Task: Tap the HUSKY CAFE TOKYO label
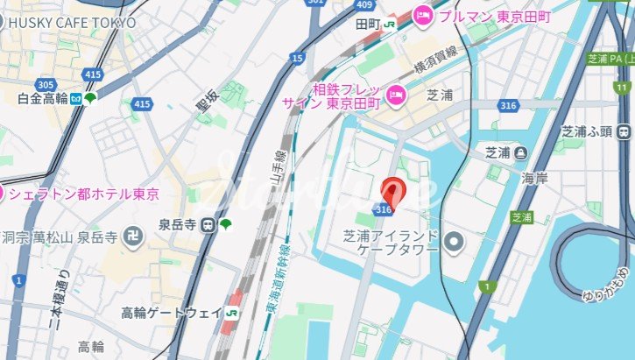click(x=69, y=21)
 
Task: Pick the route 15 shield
click(x=299, y=58)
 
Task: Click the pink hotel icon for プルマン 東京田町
click(x=423, y=14)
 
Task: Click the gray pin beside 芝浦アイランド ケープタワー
click(x=453, y=240)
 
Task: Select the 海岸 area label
click(x=534, y=178)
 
